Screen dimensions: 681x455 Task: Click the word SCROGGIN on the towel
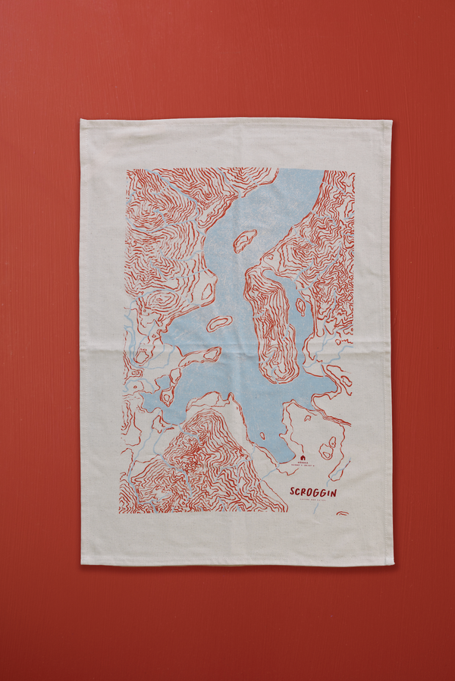[x=313, y=492]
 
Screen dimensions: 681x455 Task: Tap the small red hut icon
[x=302, y=458]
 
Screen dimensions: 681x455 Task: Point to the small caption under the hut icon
[x=302, y=466]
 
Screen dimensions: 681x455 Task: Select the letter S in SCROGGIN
[x=293, y=492]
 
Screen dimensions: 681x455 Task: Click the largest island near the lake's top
[x=244, y=242]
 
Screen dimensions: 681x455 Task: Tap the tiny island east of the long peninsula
[x=300, y=307]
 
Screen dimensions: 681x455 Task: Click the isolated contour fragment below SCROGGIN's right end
[x=342, y=513]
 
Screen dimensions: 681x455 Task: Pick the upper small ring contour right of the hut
[x=332, y=442]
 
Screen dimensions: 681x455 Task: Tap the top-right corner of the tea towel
[x=391, y=120]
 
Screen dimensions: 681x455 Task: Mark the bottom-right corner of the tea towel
[x=393, y=564]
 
